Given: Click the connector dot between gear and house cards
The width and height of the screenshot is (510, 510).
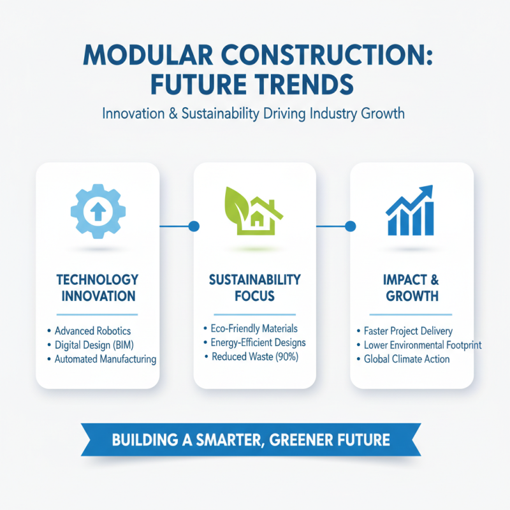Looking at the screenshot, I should (x=194, y=226).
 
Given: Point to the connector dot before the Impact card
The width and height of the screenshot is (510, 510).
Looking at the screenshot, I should (x=349, y=226).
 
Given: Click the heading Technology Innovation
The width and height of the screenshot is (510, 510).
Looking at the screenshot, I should (x=97, y=288).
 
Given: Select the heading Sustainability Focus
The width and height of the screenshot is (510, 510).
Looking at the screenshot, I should (x=254, y=288).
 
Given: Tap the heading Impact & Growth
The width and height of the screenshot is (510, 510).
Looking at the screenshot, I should (x=412, y=288).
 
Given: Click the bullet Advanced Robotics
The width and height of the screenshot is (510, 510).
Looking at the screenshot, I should (x=92, y=331).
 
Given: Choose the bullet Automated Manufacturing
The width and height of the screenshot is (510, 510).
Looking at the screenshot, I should (x=105, y=359).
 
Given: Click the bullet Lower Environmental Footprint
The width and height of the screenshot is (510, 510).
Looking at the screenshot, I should (x=422, y=345).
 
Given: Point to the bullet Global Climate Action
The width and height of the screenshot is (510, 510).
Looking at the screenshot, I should (x=407, y=359).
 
